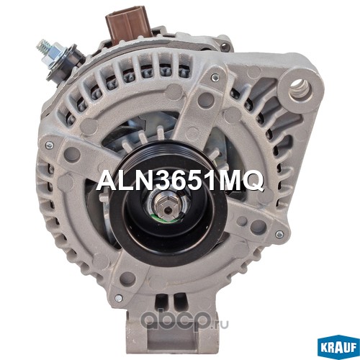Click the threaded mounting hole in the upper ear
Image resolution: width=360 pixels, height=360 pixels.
tap(301, 89)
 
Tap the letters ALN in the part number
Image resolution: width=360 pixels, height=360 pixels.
tap(127, 181)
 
